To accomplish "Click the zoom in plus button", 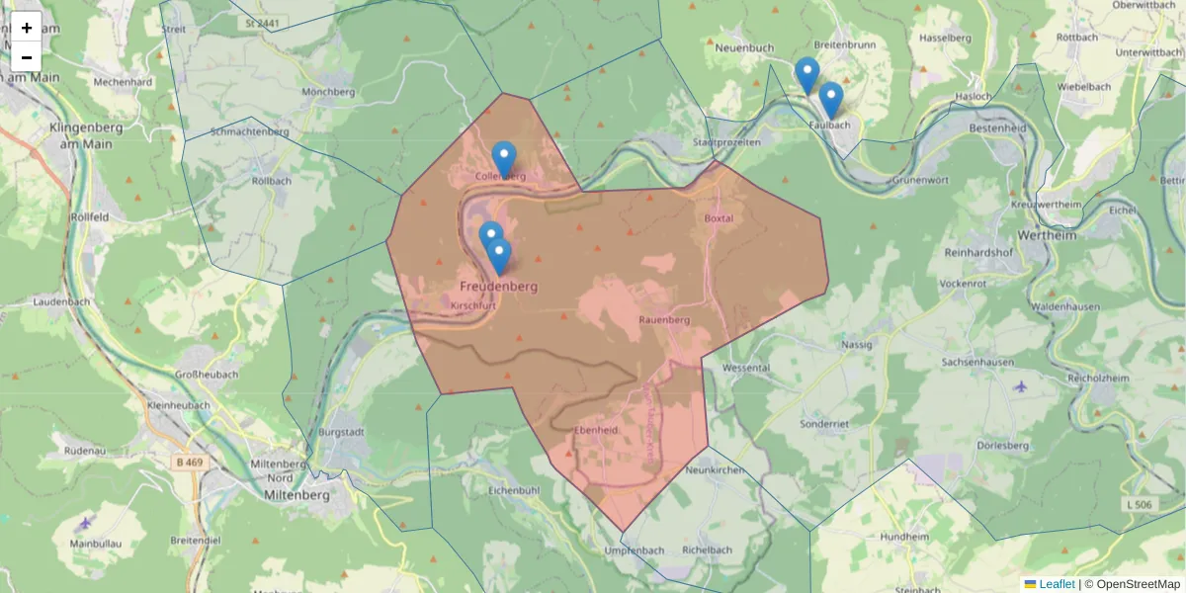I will coord(27,28).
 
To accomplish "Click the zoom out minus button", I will coord(27,57).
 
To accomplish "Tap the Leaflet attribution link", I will coord(1057,584).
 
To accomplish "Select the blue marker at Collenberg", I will coord(504,158).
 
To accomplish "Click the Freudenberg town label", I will coord(498,287).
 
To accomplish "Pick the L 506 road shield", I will coord(1139,505).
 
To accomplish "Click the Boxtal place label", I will coord(719,217).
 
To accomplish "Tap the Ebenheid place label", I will coord(596,430).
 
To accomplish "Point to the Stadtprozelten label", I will coord(726,142).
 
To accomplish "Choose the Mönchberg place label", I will coord(328,92).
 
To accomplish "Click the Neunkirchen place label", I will coord(714,470).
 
